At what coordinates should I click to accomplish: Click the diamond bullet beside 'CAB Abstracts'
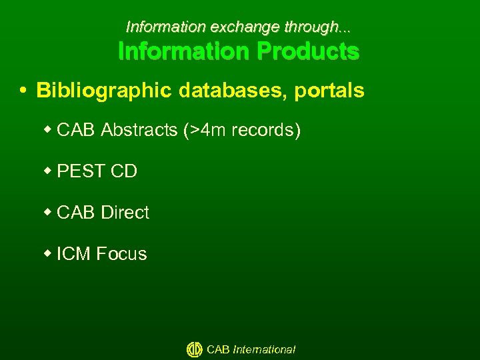tap(48, 130)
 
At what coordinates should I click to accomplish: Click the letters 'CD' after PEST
tap(124, 171)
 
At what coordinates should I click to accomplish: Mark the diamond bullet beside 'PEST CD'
tap(48, 171)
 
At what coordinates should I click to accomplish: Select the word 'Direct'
tap(125, 213)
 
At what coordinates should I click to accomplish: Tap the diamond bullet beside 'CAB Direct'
tap(48, 213)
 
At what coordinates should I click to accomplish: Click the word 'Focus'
tap(121, 254)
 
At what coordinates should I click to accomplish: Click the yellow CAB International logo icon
tap(194, 349)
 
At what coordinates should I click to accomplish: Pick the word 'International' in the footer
tap(264, 349)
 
